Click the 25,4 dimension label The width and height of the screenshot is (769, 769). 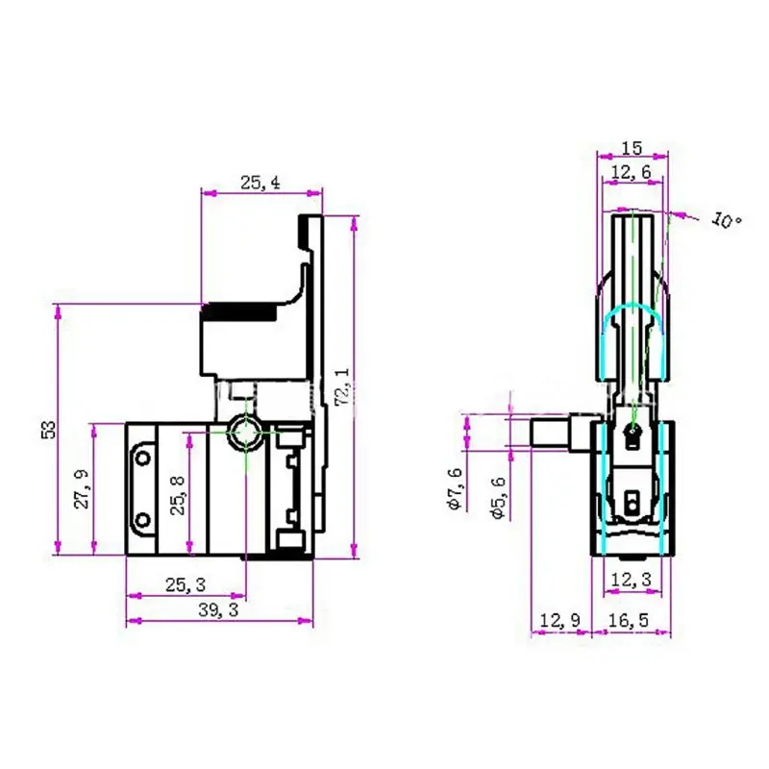[x=260, y=182]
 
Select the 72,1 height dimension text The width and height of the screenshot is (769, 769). [x=339, y=384]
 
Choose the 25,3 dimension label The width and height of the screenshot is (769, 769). [x=185, y=583]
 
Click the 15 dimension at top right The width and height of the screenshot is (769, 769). [x=632, y=148]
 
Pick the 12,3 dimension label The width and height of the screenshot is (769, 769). [x=632, y=580]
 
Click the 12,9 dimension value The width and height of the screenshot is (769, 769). [x=559, y=622]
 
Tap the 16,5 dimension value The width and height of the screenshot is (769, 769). [x=632, y=622]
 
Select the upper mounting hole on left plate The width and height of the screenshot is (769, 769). [x=143, y=455]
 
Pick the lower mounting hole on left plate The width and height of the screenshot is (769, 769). [x=143, y=520]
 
